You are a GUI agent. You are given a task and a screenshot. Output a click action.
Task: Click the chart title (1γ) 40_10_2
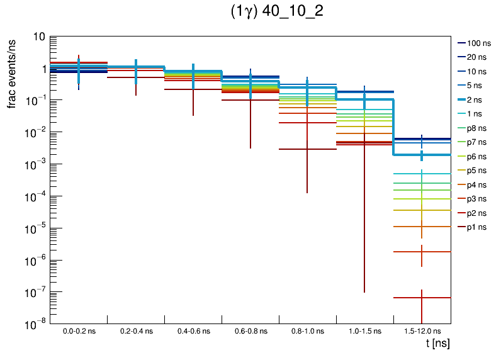277,13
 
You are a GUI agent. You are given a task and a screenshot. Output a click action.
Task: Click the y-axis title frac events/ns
12,72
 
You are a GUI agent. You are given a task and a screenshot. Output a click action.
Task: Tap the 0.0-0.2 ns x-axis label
79,331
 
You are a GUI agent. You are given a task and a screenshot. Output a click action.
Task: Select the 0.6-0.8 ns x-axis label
250,331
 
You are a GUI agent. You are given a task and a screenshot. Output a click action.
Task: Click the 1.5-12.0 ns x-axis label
422,331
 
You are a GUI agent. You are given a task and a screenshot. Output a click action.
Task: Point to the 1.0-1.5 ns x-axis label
364,331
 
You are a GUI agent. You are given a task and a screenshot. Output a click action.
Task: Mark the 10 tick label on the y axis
38,37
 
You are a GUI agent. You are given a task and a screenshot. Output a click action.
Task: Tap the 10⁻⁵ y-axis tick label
35,228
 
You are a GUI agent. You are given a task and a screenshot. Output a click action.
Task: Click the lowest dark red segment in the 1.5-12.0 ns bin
422,298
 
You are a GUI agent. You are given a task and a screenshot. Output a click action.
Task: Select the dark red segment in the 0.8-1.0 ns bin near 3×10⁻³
307,149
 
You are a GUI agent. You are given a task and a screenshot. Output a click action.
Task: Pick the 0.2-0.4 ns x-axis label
136,331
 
